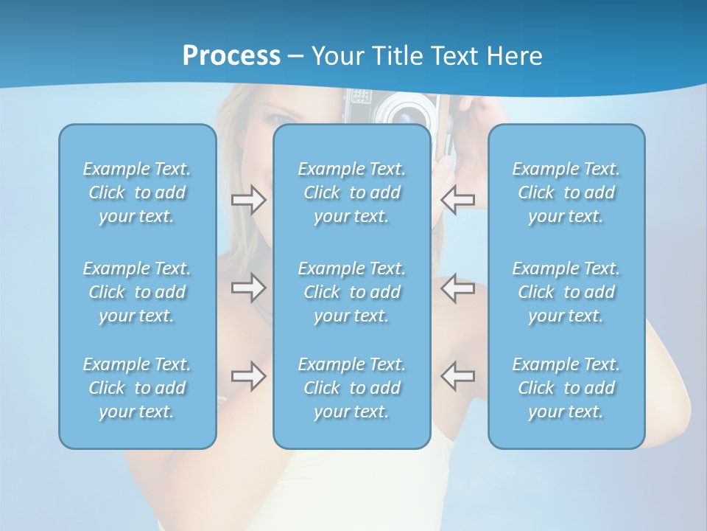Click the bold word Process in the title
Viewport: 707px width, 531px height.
coord(231,56)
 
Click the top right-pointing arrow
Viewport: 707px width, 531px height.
coord(248,200)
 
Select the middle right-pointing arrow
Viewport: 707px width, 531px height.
coord(248,287)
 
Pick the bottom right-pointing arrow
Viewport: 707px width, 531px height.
coord(248,376)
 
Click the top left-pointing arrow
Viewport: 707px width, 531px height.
coord(457,200)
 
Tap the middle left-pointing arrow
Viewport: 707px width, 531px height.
coord(457,287)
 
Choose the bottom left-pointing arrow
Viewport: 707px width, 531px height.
coord(457,376)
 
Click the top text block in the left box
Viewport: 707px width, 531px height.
coord(137,192)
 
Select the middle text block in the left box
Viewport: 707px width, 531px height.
coord(137,292)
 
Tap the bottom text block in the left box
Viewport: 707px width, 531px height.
coord(137,388)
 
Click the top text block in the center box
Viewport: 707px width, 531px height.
coord(352,192)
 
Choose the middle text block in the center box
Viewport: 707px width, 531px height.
coord(352,292)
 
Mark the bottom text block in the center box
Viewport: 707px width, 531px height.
coord(352,388)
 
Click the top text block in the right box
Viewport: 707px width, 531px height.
coord(566,192)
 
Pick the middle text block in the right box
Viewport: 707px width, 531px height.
coord(566,292)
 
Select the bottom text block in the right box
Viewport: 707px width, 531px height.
coord(566,388)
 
